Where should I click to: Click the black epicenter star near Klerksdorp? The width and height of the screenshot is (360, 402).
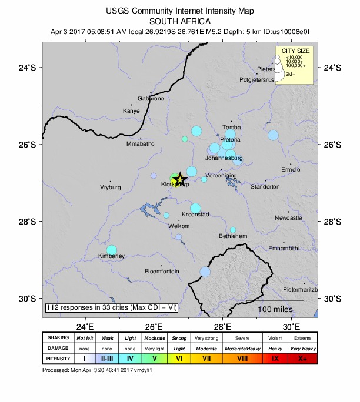[180, 179]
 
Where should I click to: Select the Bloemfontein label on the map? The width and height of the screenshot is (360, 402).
[162, 271]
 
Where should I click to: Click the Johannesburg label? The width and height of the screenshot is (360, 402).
[224, 158]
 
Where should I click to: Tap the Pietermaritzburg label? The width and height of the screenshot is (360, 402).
[300, 290]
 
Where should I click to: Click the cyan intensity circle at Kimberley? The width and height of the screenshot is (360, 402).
[112, 250]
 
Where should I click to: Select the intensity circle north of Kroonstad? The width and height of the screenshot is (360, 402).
[195, 208]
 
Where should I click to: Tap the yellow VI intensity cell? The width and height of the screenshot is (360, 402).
[180, 358]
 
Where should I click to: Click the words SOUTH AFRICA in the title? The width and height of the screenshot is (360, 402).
[179, 21]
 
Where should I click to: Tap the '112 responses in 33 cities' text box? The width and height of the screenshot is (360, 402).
[111, 307]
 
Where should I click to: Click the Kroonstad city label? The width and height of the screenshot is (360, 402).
[195, 215]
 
